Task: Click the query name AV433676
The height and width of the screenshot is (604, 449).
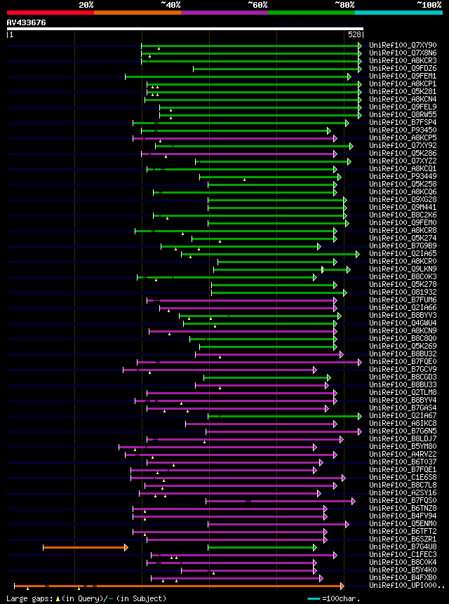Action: click(26, 22)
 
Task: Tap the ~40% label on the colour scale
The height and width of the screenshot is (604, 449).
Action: click(170, 4)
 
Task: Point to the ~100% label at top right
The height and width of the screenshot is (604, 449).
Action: click(428, 4)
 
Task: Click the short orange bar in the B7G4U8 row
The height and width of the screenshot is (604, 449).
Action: click(84, 546)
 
